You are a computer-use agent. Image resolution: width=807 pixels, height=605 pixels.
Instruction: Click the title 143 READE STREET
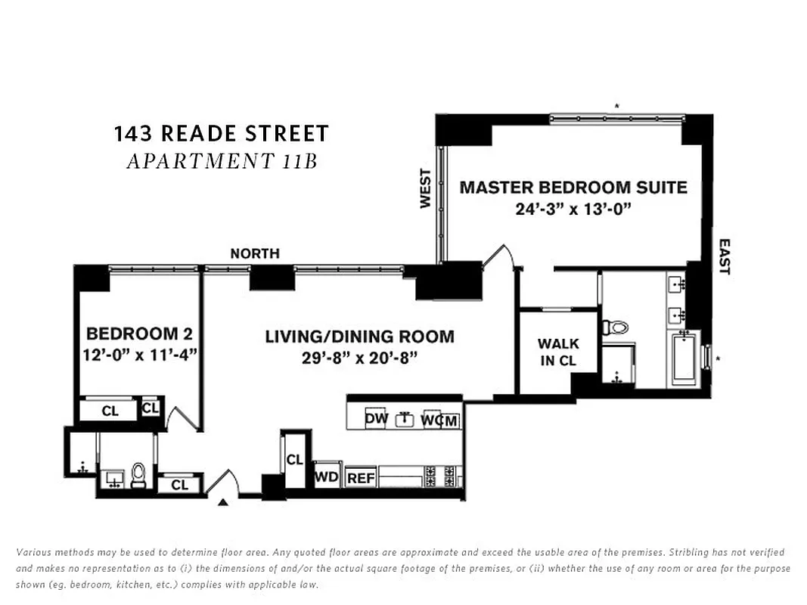pos(222,134)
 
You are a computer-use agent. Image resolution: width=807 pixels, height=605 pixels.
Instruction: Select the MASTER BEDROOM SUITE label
pos(573,187)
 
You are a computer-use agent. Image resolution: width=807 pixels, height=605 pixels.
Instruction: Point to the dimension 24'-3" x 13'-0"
pos(573,209)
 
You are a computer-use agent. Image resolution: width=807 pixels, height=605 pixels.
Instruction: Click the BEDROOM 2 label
pos(139,334)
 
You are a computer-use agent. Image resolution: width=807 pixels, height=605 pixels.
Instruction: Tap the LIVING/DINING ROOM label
pos(359,337)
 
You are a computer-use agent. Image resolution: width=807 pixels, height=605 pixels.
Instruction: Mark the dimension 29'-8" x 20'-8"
pos(359,357)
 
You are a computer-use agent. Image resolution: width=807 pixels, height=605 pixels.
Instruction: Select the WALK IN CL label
pos(557,352)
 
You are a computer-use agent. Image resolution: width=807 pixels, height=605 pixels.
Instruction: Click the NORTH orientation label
pos(255,253)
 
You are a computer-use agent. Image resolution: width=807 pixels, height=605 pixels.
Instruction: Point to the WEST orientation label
pos(425,188)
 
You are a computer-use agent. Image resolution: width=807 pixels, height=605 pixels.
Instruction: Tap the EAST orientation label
pos(724,256)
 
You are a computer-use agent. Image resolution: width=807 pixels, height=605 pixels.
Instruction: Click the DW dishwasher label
pos(376,419)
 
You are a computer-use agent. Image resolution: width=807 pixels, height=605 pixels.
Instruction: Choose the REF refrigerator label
pos(361,479)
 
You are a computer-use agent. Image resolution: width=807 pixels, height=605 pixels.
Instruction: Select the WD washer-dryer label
pos(327,477)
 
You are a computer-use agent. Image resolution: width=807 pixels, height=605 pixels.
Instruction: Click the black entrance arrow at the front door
pos(223,501)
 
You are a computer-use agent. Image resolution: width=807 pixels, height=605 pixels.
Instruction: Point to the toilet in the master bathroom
pos(614,327)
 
